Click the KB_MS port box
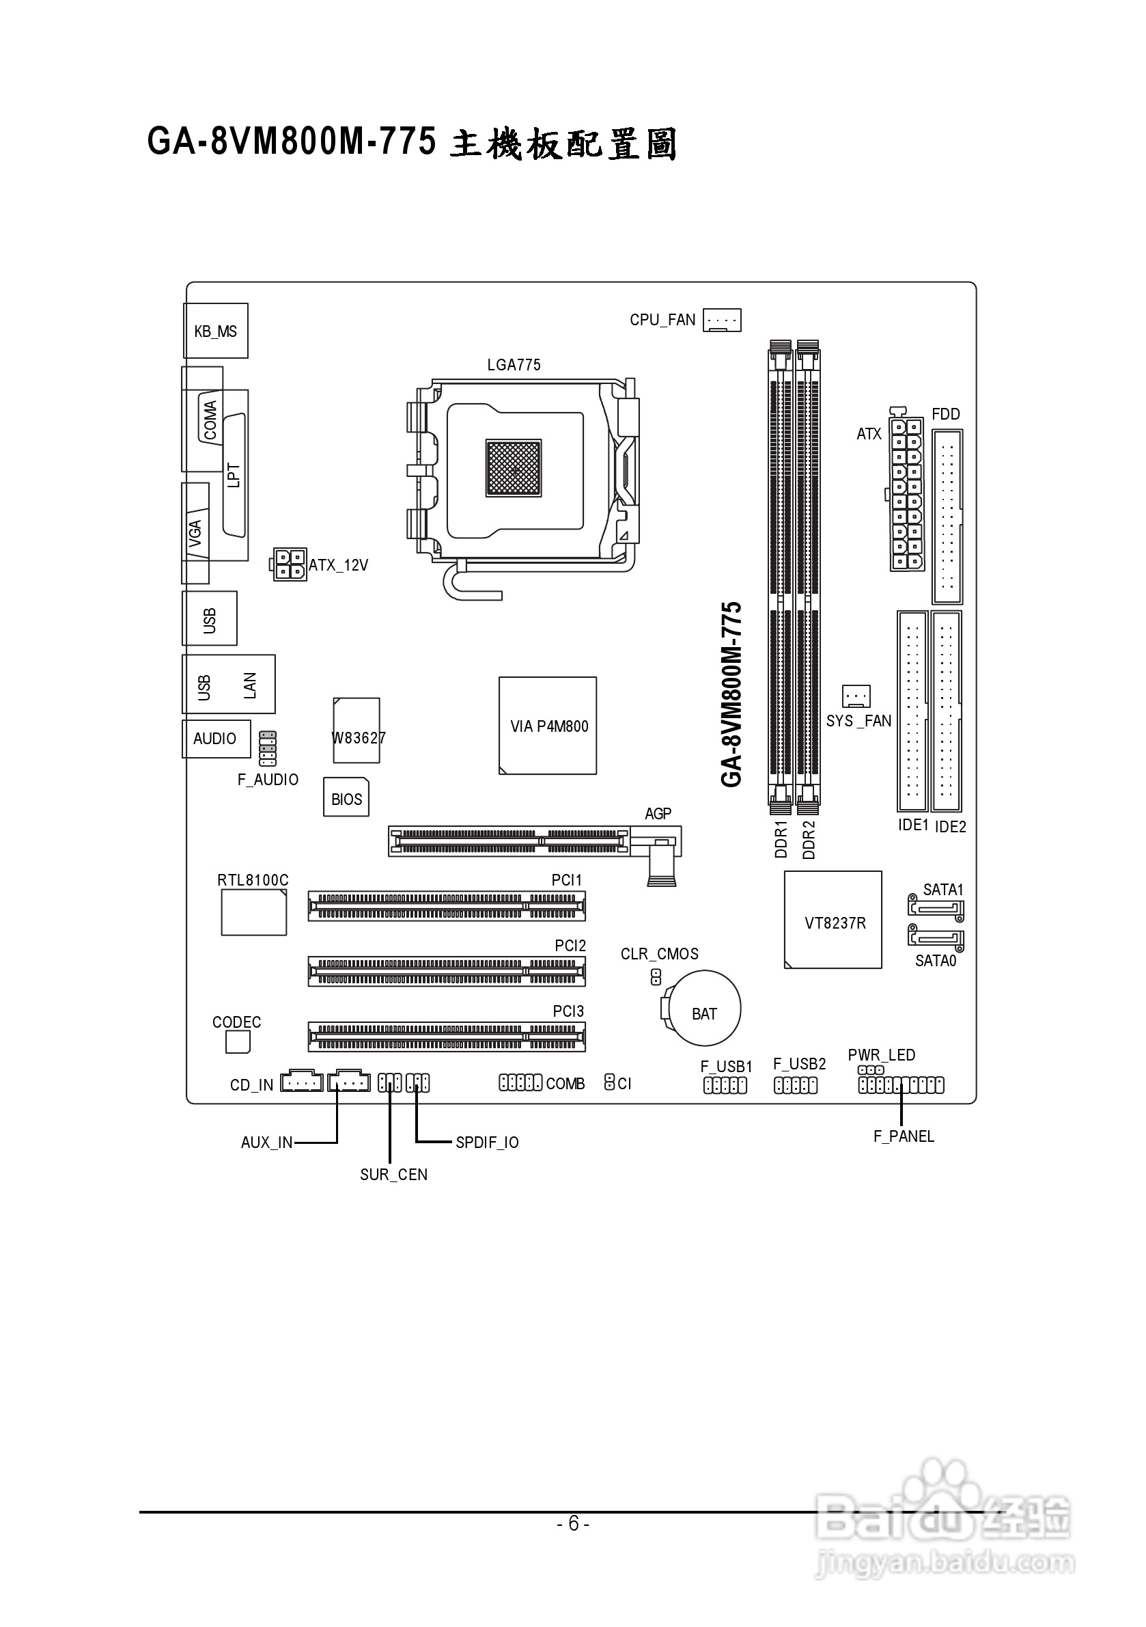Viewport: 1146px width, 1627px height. [x=216, y=331]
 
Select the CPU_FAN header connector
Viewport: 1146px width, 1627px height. [x=722, y=320]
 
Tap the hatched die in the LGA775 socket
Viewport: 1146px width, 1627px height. [x=514, y=467]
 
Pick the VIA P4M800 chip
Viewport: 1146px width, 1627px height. [x=548, y=726]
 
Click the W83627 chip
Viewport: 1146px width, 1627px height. [x=357, y=730]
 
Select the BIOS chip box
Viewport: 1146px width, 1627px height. [x=346, y=797]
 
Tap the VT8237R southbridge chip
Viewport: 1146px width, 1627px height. [x=833, y=920]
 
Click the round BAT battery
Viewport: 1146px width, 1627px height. [x=705, y=1009]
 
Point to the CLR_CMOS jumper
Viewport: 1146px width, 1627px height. [x=655, y=978]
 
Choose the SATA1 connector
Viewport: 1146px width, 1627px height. [x=935, y=907]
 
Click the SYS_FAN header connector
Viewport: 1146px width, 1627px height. [x=856, y=696]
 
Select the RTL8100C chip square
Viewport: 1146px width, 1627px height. [x=253, y=913]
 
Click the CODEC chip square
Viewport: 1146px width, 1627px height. [x=238, y=1041]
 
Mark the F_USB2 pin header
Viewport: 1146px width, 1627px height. [x=796, y=1086]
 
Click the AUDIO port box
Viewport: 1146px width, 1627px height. [x=216, y=739]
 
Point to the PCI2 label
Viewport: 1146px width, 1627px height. [x=570, y=946]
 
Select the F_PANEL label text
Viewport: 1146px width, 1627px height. [x=903, y=1136]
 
